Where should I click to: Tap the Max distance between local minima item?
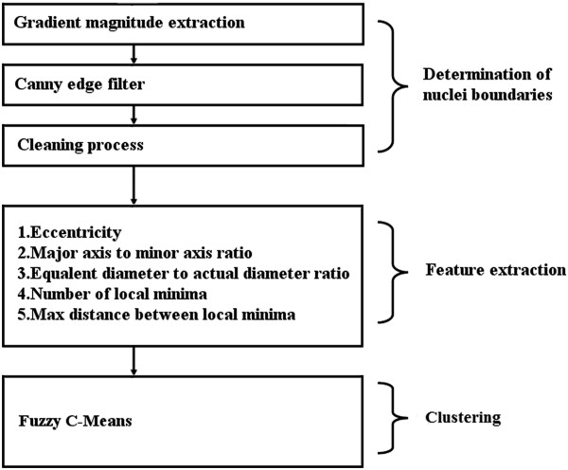click(143, 314)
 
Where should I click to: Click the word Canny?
click(37, 82)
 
